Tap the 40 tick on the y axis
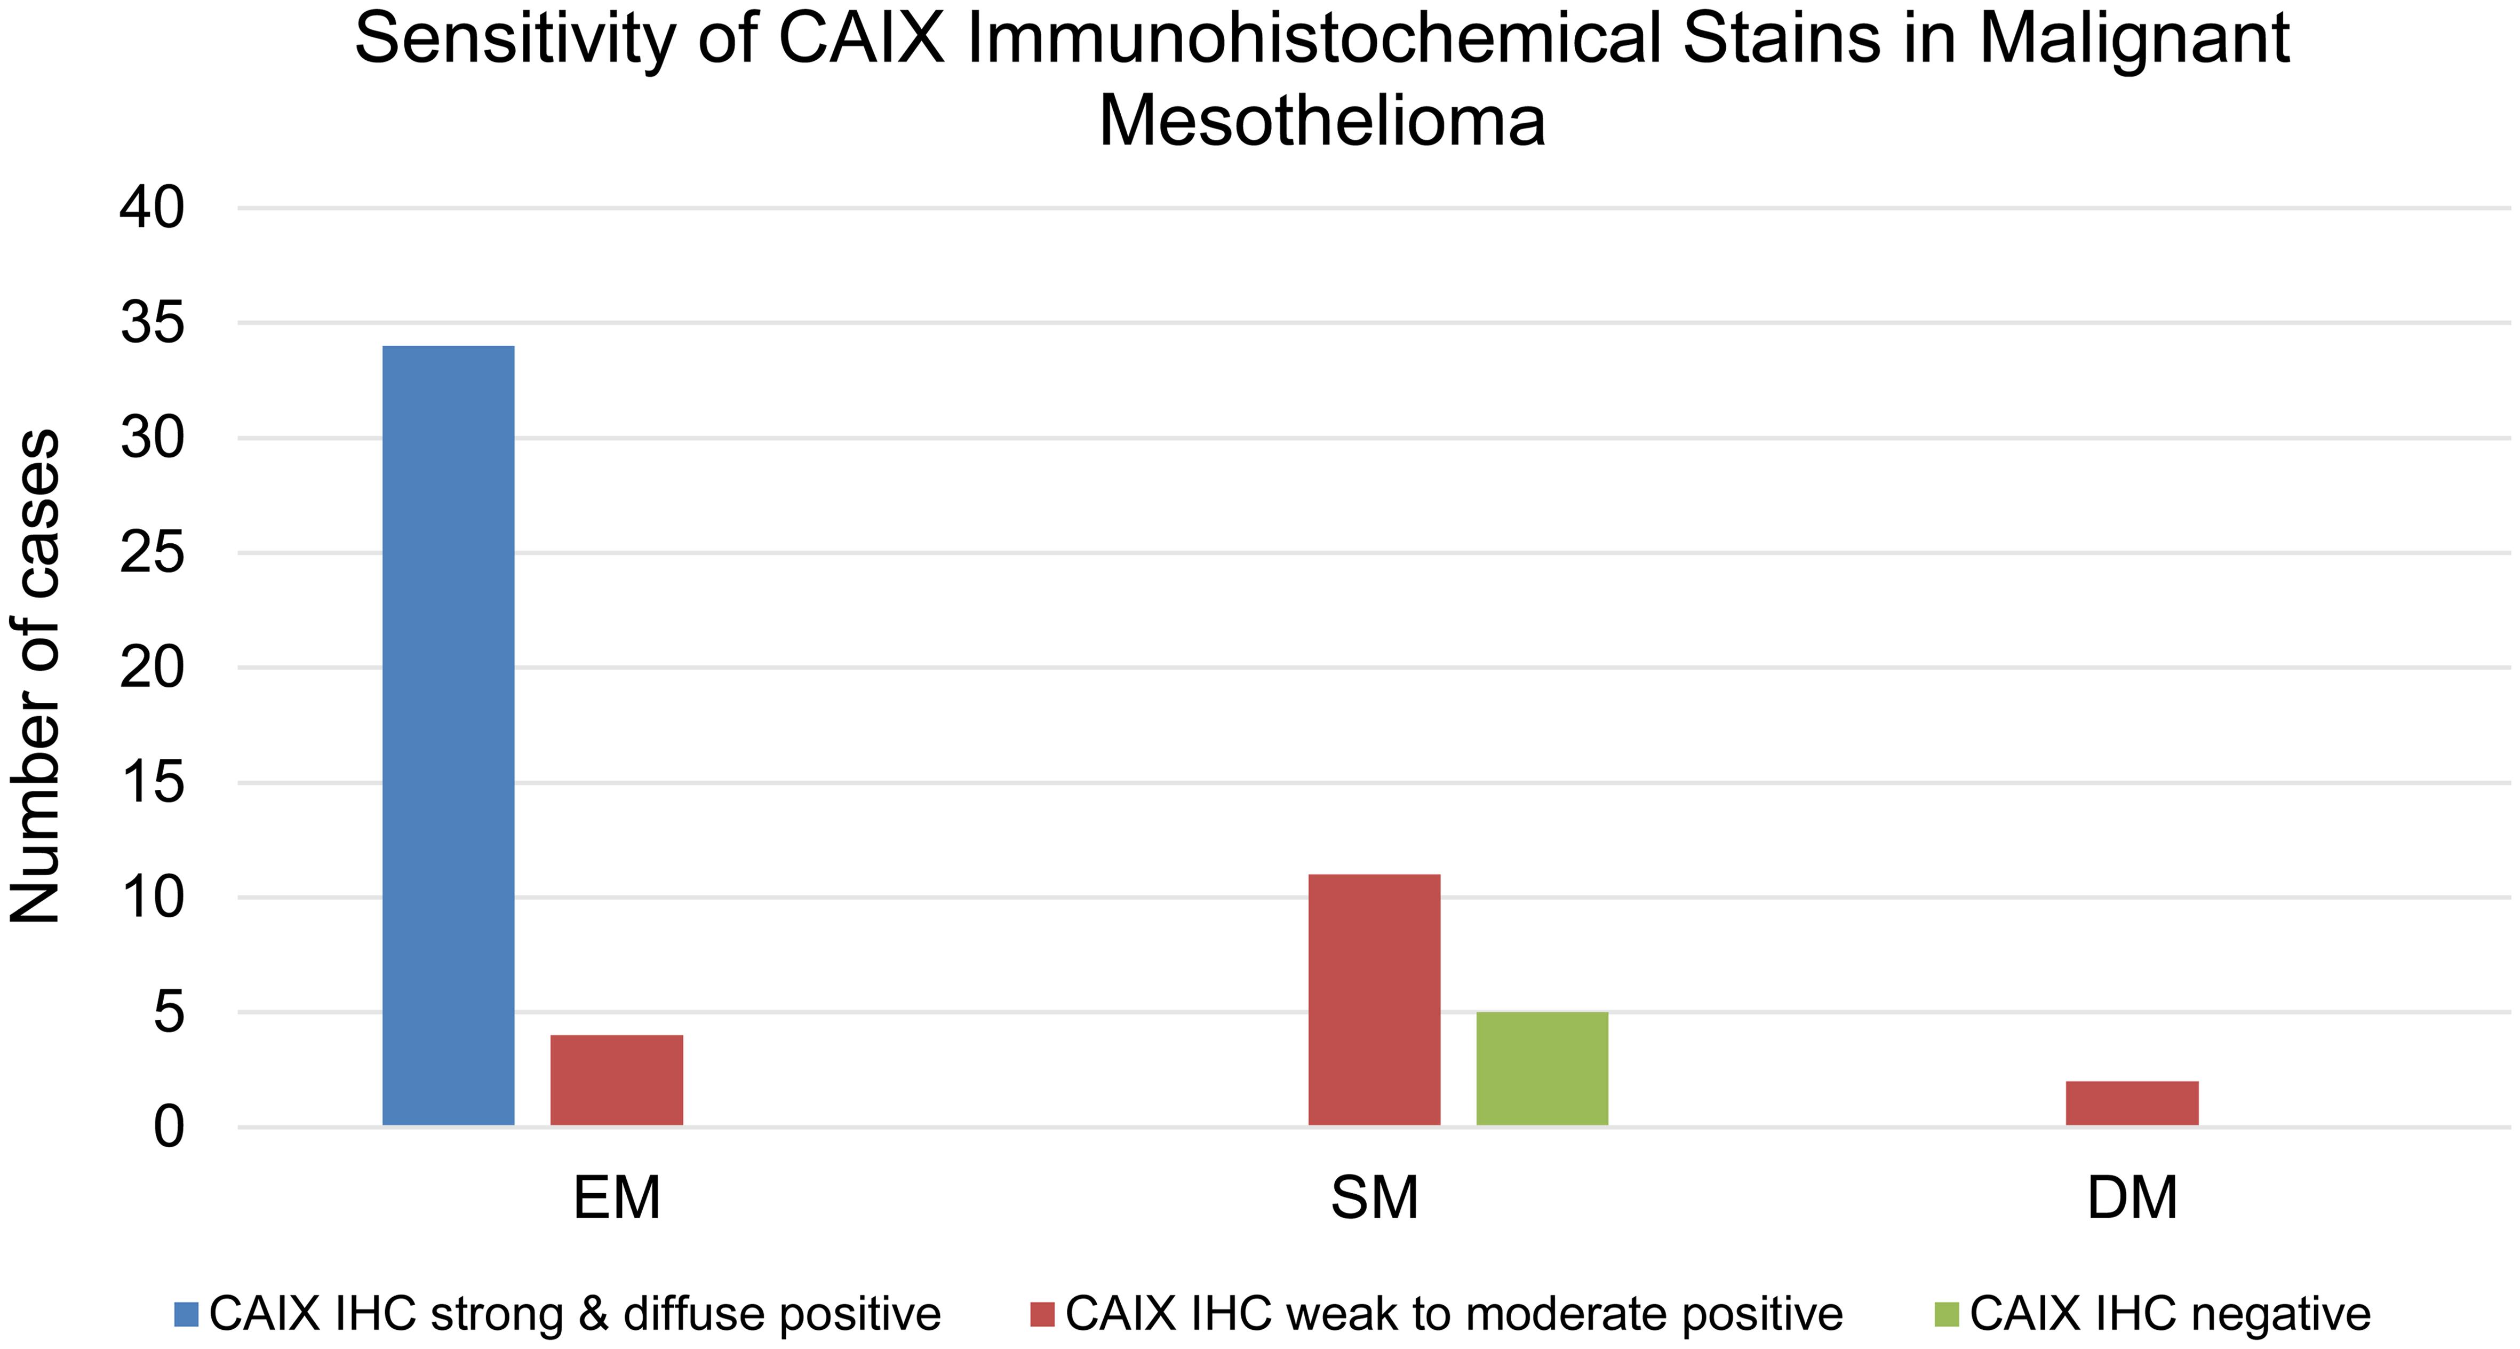151,208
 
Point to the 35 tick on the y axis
151,324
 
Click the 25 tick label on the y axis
151,554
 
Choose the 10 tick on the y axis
151,898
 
